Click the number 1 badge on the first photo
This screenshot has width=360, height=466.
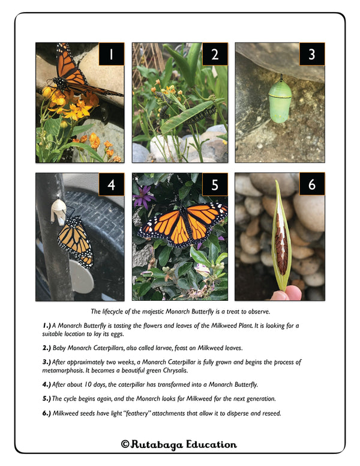112,54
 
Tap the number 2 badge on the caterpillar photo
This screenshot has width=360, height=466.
215,54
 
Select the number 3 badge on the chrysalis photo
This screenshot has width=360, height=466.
312,54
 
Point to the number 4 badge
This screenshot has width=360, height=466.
112,184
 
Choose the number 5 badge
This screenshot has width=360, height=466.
215,184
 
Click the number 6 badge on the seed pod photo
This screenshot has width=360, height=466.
312,184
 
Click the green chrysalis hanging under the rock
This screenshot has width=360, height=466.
280,100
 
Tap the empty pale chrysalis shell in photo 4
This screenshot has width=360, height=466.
58,211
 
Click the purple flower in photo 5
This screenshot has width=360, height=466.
144,197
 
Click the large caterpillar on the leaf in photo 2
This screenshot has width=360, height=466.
201,115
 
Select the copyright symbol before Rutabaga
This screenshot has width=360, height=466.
125,444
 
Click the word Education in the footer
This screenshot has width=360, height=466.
211,444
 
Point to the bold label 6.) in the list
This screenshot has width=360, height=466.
47,413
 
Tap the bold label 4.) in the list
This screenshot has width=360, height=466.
47,384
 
